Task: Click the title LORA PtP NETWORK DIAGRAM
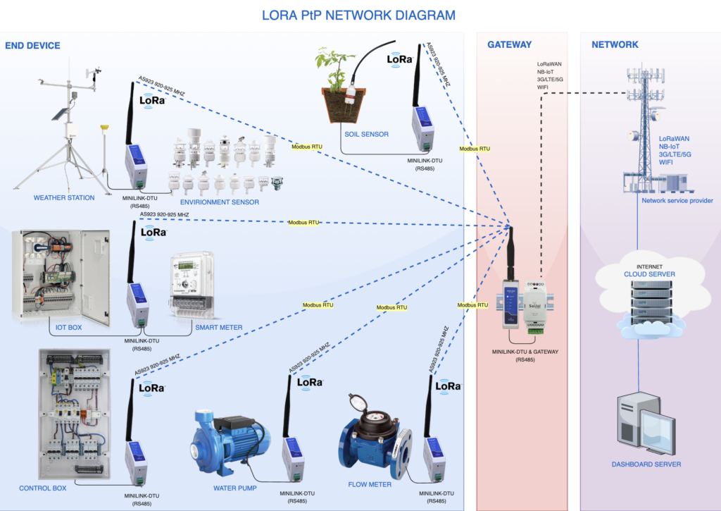(x=358, y=15)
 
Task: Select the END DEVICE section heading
(x=32, y=45)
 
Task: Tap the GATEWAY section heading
(x=509, y=45)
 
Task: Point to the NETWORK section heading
(x=615, y=45)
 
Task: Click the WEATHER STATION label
(x=64, y=198)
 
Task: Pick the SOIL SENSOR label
(x=366, y=135)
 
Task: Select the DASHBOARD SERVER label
(x=646, y=464)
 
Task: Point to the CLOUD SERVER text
(x=649, y=274)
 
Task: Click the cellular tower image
(x=644, y=134)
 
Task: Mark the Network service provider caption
(x=677, y=201)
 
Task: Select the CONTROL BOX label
(x=43, y=488)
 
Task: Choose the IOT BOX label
(x=70, y=328)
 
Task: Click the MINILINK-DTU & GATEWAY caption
(x=525, y=350)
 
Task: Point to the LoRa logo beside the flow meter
(x=449, y=387)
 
